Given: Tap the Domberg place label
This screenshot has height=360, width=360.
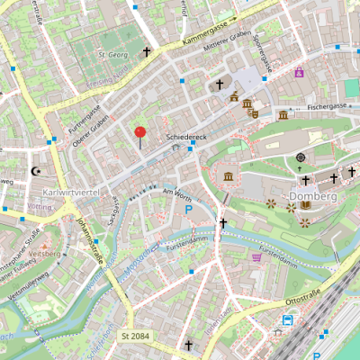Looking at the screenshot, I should [x=313, y=195].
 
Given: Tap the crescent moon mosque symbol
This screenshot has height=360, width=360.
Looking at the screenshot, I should [x=37, y=169].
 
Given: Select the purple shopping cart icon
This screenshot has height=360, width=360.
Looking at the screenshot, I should [x=258, y=257].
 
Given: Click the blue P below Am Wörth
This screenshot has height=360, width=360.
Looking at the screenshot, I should [x=189, y=211].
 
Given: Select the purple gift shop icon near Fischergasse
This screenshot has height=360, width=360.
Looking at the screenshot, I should [x=299, y=72].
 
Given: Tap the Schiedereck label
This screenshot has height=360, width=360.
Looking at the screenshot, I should [x=187, y=137].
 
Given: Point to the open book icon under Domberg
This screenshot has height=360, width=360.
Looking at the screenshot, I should [x=306, y=205].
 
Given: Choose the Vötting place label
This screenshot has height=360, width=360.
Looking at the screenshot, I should [x=40, y=207].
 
